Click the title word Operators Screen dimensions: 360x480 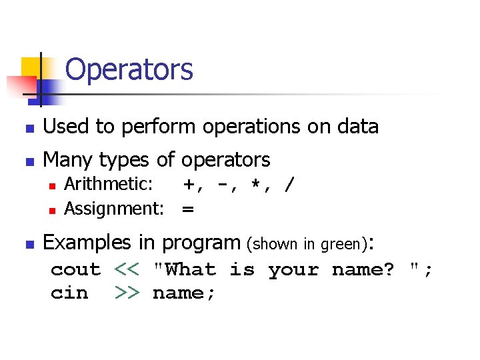pyautogui.click(x=129, y=69)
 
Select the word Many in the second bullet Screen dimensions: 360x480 pyautogui.click(x=68, y=160)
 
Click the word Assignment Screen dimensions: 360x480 pyautogui.click(x=113, y=209)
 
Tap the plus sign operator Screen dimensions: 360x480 pyautogui.click(x=190, y=185)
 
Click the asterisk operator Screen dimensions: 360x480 pyautogui.click(x=254, y=185)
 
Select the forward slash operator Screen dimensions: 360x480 pyautogui.click(x=287, y=185)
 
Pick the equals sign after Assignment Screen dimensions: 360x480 pyautogui.click(x=188, y=209)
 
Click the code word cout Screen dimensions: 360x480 pyautogui.click(x=75, y=270)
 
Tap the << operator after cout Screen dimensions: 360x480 pyautogui.click(x=127, y=270)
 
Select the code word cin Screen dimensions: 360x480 pyautogui.click(x=69, y=293)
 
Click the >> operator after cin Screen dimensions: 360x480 pyautogui.click(x=127, y=293)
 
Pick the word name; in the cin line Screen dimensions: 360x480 pyautogui.click(x=184, y=293)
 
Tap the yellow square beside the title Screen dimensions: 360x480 pyautogui.click(x=31, y=67)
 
